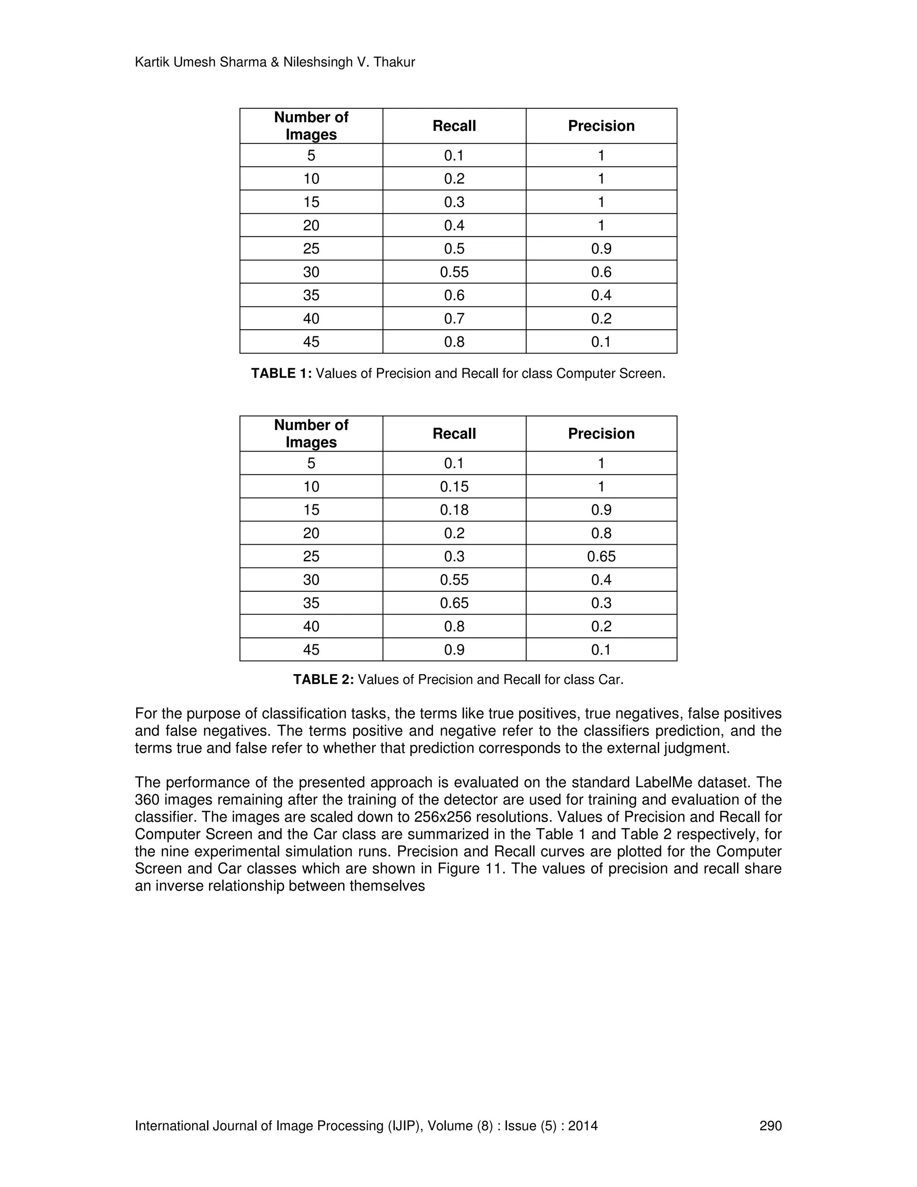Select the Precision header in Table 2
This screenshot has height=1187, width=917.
coord(601,433)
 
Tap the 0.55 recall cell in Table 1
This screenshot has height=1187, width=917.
coord(454,272)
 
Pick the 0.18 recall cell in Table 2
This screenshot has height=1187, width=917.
coord(454,510)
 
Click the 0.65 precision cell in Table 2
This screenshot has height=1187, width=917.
coord(601,556)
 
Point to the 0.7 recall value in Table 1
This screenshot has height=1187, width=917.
coord(454,318)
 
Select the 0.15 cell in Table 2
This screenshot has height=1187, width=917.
coord(454,486)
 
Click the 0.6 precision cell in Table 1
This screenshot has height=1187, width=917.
coord(601,272)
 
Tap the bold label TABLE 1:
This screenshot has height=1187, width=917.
coord(281,374)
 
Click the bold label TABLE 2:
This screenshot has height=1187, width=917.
coord(323,680)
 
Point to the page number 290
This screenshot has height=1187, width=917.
coord(770,1126)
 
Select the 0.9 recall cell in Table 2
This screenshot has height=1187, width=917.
coord(454,649)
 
